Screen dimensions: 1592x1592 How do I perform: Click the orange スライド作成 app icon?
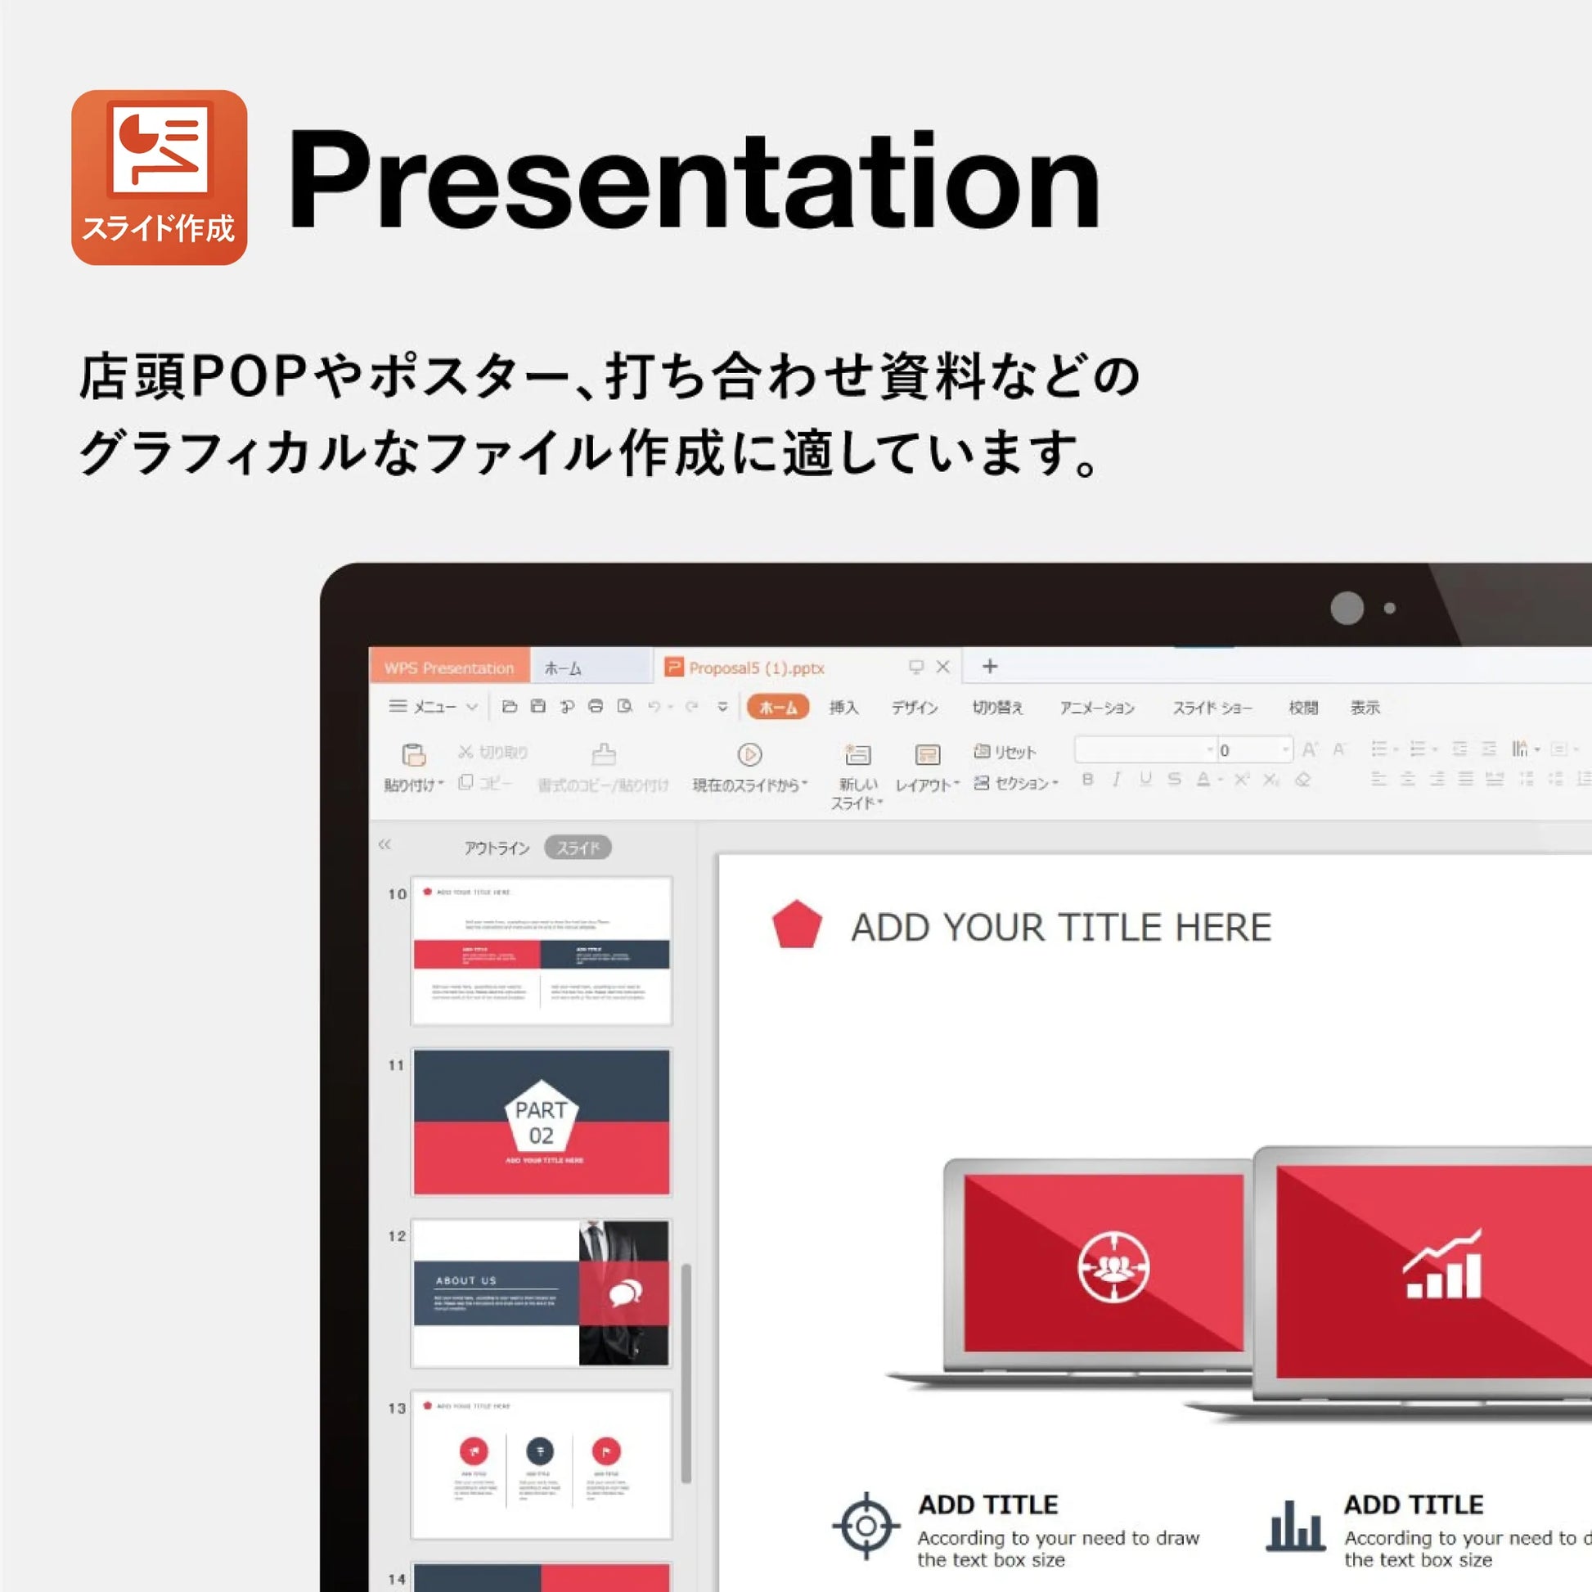tap(159, 178)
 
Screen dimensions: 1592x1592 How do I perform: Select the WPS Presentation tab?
tap(448, 668)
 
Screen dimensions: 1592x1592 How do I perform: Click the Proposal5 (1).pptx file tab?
tap(756, 668)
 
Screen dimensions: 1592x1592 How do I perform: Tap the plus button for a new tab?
tap(990, 666)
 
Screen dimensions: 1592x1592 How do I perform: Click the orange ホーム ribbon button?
tap(777, 707)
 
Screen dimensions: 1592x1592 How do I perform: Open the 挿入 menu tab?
tap(843, 707)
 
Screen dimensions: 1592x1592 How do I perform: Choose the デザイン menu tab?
tap(914, 707)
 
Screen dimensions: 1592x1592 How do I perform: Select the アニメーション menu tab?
tap(1096, 707)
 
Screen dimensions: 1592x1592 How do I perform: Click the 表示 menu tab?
tap(1365, 707)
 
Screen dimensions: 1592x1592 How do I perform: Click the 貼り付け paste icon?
tap(413, 755)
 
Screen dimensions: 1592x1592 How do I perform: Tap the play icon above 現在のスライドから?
tap(749, 754)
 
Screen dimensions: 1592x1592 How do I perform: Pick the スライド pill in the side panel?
tap(578, 847)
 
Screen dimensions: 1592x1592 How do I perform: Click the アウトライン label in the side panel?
tap(496, 847)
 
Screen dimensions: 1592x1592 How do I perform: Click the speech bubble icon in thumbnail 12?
tap(625, 1293)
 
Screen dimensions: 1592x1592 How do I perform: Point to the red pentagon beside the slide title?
tap(797, 924)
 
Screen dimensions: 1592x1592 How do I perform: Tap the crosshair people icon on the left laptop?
tap(1113, 1266)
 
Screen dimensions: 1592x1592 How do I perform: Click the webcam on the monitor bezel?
tap(1347, 608)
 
